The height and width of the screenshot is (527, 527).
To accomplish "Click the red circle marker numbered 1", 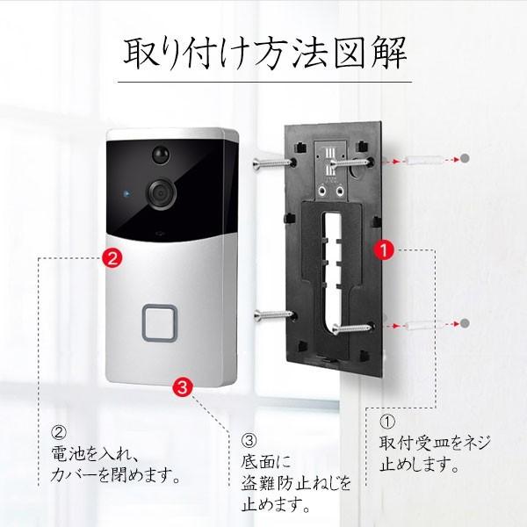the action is coord(382,249).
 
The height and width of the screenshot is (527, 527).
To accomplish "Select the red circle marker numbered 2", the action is coord(112,257).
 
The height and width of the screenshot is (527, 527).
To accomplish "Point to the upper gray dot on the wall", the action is coord(464,159).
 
